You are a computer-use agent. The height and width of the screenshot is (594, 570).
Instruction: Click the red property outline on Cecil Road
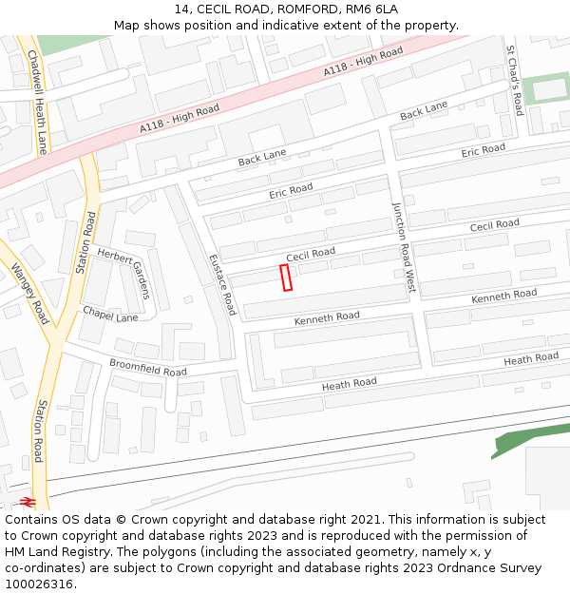coord(286,277)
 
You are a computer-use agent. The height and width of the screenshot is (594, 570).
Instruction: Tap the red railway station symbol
coord(28,501)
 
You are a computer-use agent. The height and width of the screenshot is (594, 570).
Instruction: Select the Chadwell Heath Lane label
coord(37,102)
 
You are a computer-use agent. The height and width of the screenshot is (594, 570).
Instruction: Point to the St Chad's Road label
coord(514,80)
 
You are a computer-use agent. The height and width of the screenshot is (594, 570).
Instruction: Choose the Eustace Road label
coord(221,284)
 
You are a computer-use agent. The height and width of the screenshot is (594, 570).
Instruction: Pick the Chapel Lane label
coord(110,314)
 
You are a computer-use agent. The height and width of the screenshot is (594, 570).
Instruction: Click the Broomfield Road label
coord(148,367)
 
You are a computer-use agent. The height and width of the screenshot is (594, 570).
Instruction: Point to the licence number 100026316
coord(39,584)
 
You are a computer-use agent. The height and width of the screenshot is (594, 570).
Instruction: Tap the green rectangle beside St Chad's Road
coord(546,89)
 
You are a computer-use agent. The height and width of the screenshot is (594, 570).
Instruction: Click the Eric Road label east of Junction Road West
coord(483,150)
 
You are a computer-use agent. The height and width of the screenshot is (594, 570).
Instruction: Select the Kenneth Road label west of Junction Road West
coord(327,317)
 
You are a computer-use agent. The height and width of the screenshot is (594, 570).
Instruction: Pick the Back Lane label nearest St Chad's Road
coord(424,114)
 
